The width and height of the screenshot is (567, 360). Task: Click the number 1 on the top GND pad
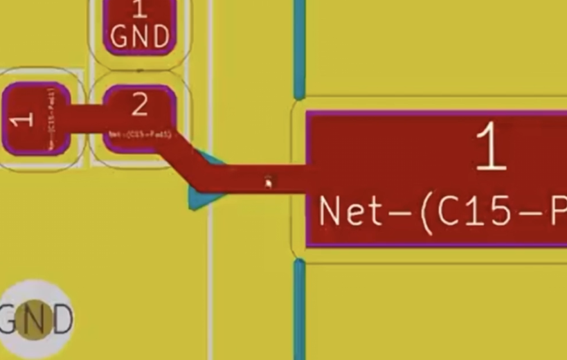tap(139, 10)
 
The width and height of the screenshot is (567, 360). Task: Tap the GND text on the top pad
tap(140, 36)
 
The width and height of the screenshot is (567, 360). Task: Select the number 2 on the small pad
tap(139, 105)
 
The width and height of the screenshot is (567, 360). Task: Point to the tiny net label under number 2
tap(139, 133)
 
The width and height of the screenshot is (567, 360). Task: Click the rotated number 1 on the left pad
tap(24, 119)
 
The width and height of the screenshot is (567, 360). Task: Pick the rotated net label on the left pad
tap(51, 118)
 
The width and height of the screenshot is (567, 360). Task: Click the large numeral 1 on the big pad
tap(491, 147)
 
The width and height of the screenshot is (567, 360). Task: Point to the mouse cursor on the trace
tap(269, 182)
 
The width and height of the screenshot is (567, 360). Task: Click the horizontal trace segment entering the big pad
tap(256, 178)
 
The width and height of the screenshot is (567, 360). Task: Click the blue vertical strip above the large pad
tap(299, 48)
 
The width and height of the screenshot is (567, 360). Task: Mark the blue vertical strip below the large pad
tap(299, 308)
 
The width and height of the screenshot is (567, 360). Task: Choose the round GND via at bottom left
tap(35, 320)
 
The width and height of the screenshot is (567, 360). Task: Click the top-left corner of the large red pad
tap(309, 113)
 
